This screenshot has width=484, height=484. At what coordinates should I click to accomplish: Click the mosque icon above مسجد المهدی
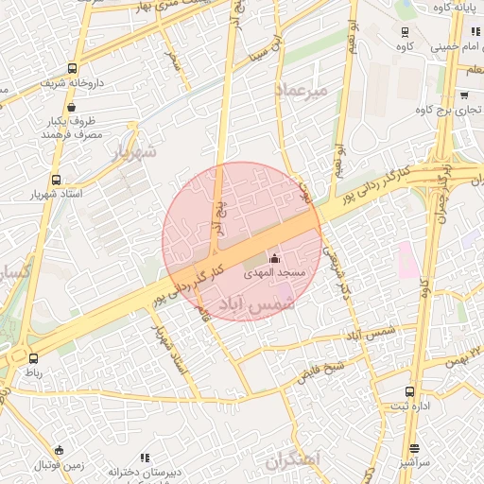275,258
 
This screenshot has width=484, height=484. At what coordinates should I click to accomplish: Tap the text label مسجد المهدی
275,272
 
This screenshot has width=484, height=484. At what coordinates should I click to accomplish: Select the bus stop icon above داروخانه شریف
73,69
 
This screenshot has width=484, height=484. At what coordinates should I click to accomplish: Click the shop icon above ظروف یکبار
73,108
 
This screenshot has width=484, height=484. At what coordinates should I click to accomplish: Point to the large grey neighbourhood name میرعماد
302,90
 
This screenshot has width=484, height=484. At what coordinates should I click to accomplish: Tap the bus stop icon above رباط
34,358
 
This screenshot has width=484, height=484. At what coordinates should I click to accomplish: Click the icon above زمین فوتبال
60,451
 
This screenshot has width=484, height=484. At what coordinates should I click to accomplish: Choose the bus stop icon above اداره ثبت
409,391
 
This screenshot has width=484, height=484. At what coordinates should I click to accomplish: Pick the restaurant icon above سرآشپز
414,449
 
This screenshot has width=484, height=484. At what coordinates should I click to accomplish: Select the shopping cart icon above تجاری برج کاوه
464,95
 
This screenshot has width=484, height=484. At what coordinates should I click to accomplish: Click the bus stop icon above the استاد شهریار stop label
57,179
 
